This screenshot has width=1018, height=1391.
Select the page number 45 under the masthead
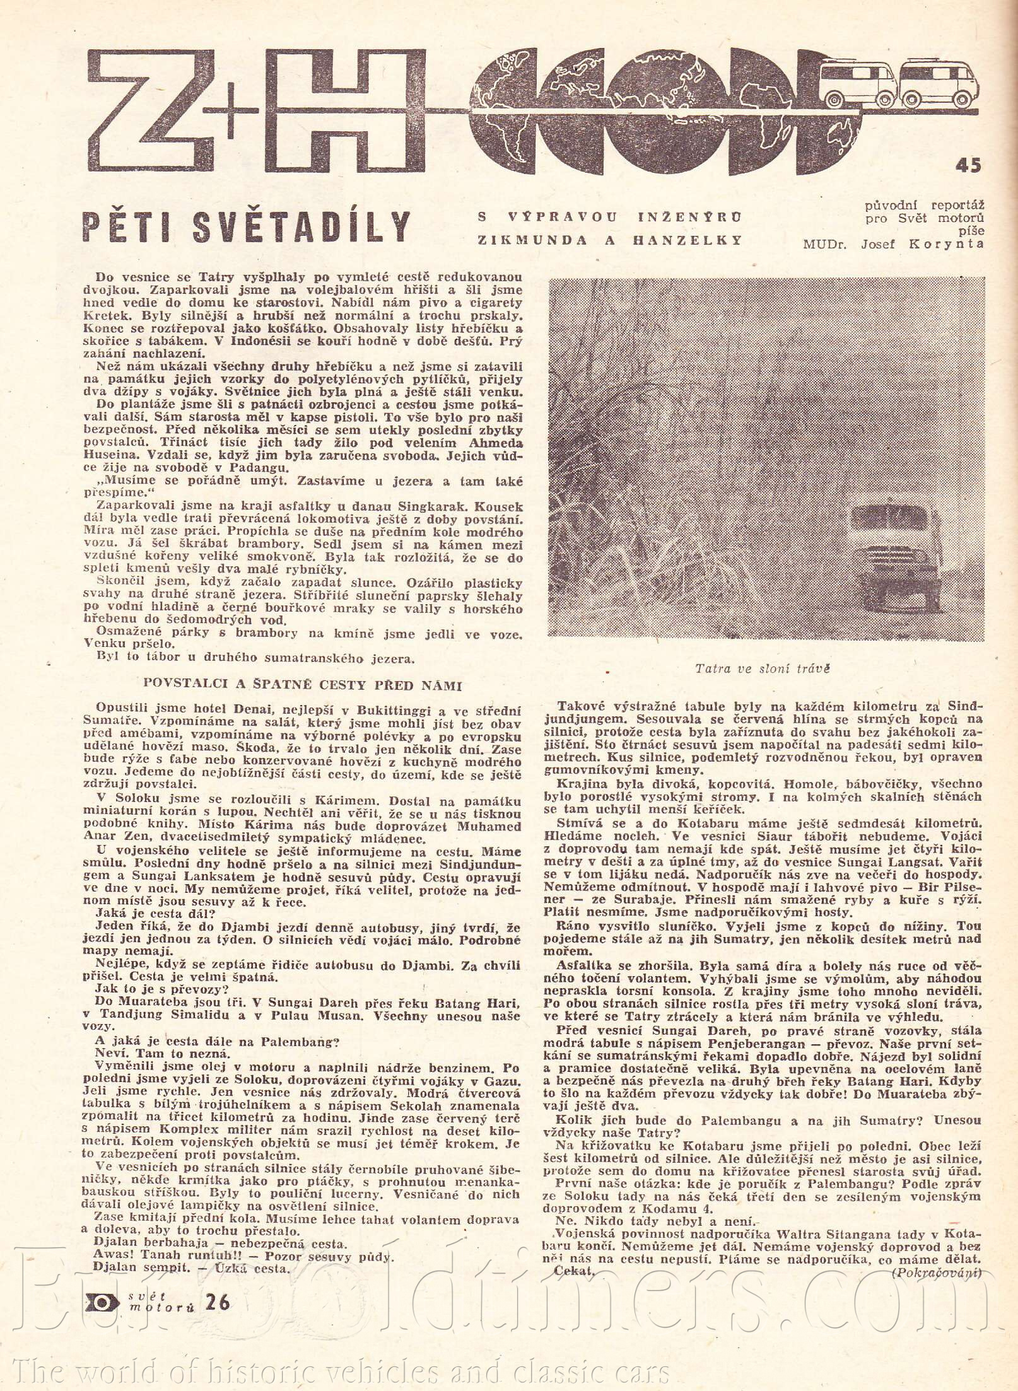click(968, 166)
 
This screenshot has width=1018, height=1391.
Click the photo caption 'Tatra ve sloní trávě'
click(762, 668)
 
